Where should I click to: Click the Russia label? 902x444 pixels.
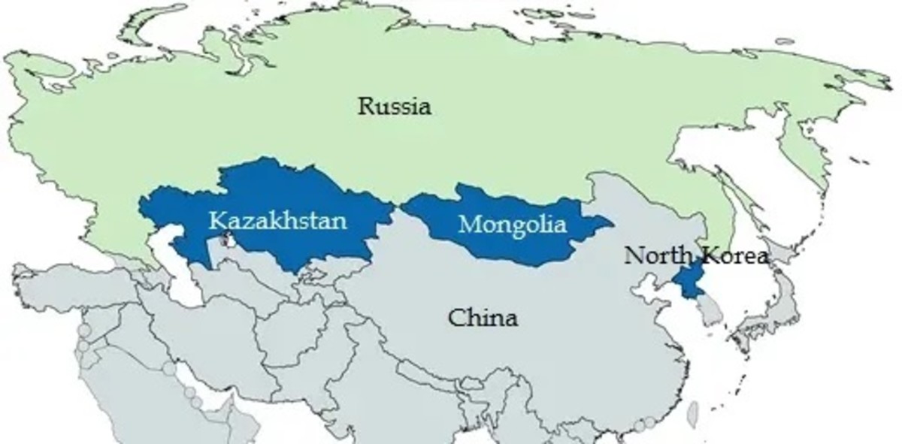pyautogui.click(x=395, y=107)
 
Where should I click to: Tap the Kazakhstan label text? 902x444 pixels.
pyautogui.click(x=278, y=221)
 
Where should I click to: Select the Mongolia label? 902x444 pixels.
pyautogui.click(x=512, y=224)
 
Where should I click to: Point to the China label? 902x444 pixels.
pyautogui.click(x=483, y=318)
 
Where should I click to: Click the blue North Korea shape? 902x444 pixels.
pyautogui.click(x=686, y=282)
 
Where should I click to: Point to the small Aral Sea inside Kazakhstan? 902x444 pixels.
pyautogui.click(x=226, y=242)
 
